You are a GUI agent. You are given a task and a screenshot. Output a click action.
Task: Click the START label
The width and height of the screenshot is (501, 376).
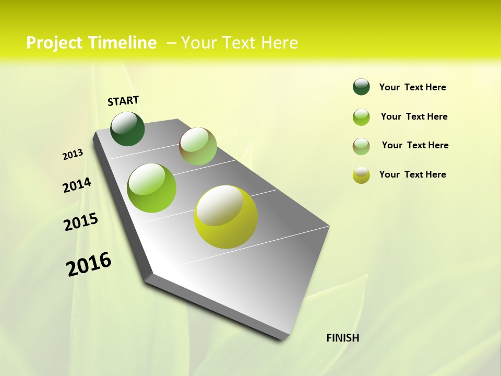tap(123, 101)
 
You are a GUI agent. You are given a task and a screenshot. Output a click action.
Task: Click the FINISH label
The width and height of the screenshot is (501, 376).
tap(343, 338)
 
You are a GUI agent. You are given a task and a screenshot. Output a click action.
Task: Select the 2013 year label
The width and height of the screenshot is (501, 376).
tap(73, 155)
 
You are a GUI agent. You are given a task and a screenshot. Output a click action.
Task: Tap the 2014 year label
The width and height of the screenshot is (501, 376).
tap(77, 185)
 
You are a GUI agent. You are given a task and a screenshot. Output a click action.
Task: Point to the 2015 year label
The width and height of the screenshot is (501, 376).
tap(81, 222)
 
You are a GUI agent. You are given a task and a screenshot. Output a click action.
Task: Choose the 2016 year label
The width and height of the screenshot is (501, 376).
tap(89, 264)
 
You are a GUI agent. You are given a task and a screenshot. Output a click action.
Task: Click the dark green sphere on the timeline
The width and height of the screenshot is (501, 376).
tap(127, 129)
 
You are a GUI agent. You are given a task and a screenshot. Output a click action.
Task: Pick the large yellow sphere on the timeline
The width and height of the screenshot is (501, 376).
tap(226, 217)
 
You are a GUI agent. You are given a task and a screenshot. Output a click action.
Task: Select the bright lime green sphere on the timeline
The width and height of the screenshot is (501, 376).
tap(152, 188)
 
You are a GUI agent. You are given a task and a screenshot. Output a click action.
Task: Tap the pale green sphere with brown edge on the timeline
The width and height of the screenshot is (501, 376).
tap(198, 146)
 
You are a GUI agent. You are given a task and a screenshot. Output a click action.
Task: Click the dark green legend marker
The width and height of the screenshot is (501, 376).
tap(361, 87)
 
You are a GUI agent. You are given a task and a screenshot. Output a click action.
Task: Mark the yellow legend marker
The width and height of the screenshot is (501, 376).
tap(361, 175)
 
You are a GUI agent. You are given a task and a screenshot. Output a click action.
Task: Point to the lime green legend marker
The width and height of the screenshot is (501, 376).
tap(361, 117)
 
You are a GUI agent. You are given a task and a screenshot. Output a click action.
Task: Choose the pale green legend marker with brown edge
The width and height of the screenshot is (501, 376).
tap(361, 146)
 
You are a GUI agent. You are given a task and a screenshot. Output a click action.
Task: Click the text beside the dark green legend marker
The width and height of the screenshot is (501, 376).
tap(413, 87)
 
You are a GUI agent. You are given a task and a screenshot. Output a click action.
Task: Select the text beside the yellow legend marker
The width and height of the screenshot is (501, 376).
tap(413, 174)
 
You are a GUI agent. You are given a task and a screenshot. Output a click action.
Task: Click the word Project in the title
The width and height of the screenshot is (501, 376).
tap(55, 43)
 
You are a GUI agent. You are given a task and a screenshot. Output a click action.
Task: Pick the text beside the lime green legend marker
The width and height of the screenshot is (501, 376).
tap(414, 116)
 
